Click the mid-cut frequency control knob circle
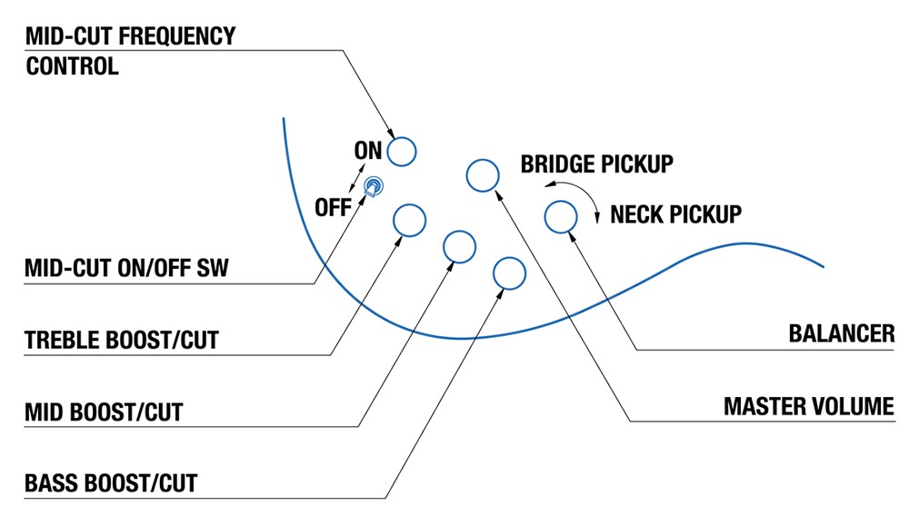tap(401, 151)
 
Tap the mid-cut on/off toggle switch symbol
tap(373, 187)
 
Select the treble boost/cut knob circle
tap(409, 220)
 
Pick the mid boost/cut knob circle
tap(459, 245)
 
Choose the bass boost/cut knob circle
tap(508, 273)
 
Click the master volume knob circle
tap(482, 174)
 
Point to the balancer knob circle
tap(560, 216)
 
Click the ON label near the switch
tap(368, 151)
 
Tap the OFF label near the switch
tap(333, 207)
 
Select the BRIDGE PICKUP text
tap(596, 164)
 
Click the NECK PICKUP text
tap(675, 214)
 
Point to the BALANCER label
tap(841, 332)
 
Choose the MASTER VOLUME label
tap(808, 405)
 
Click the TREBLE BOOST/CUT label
tap(122, 340)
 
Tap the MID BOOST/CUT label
tap(104, 412)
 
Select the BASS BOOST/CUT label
tap(111, 481)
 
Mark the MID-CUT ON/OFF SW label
tap(127, 268)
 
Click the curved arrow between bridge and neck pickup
tap(578, 195)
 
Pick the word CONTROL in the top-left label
tap(73, 66)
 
